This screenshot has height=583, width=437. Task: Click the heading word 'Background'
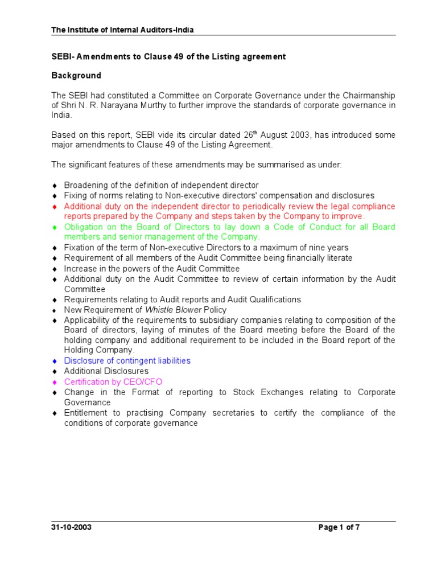[76, 75]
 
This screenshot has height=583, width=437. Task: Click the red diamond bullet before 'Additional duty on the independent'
[55, 206]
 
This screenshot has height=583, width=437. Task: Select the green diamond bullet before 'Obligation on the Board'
[55, 227]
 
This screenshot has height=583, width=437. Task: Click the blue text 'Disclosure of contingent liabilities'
[127, 361]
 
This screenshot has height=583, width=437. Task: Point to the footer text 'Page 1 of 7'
[339, 527]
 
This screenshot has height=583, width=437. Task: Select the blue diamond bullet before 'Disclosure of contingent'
[55, 361]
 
